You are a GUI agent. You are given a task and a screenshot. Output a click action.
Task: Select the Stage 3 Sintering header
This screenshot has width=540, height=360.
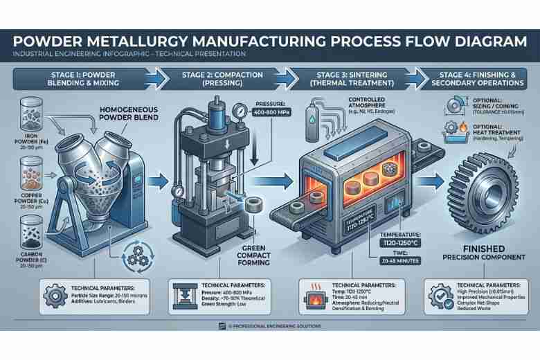342,77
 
